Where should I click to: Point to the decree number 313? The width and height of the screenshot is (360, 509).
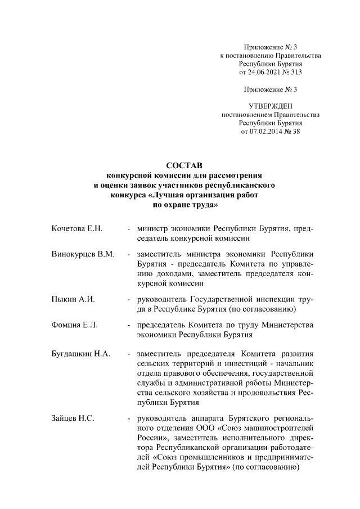coord(296,73)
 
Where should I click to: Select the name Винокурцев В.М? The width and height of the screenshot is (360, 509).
coord(83,254)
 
